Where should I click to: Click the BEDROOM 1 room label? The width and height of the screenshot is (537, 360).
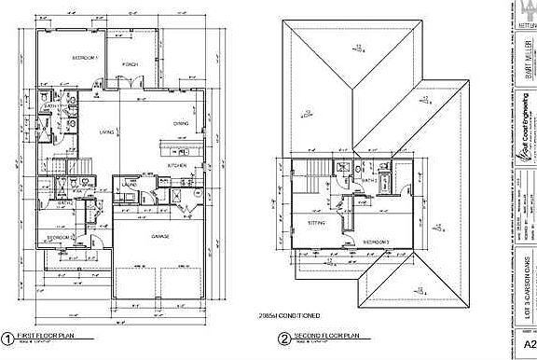85,59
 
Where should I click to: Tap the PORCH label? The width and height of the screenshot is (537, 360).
131,64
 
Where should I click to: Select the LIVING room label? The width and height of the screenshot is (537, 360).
108,132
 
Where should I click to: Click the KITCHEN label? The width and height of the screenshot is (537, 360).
177,165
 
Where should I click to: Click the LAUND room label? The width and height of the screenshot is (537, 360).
129,185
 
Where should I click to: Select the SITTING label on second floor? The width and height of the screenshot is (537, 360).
315,224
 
